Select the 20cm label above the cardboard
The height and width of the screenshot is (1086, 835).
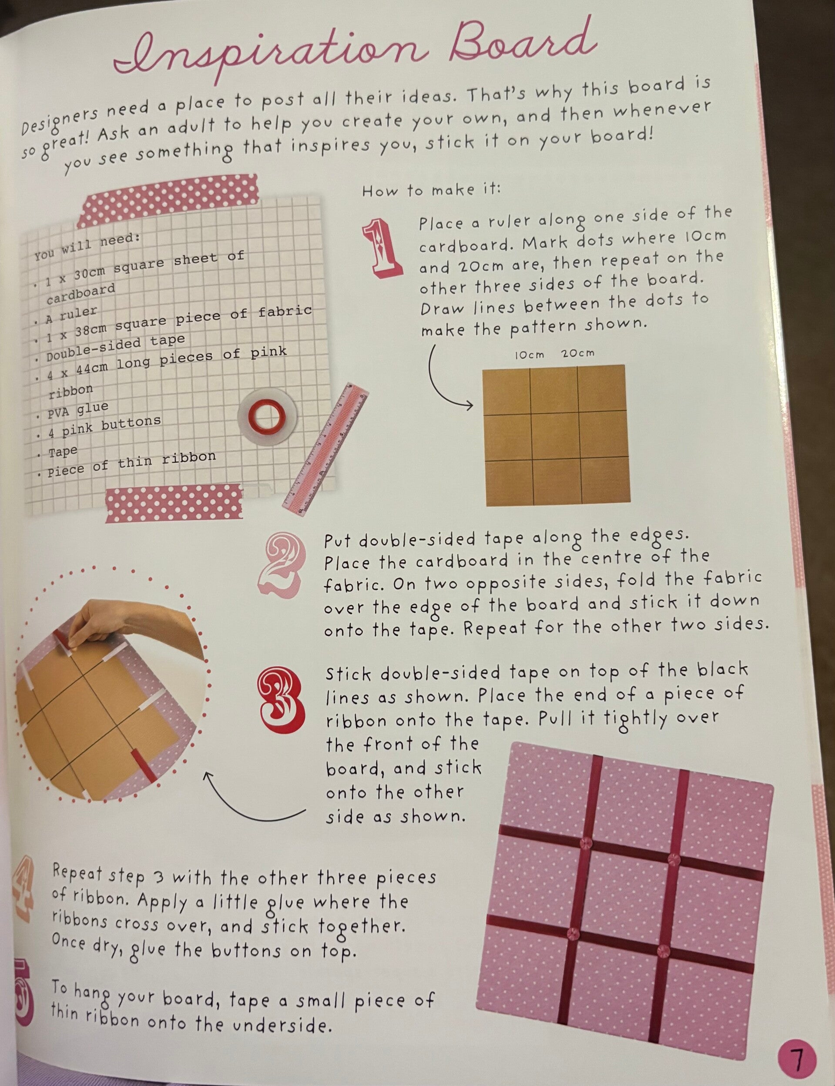pos(577,353)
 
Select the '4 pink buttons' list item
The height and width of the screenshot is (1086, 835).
pos(104,427)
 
